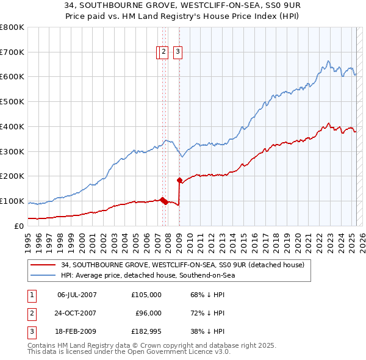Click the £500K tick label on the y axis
pos(12,101)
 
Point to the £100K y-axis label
pos(12,201)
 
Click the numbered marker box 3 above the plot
pos(178,52)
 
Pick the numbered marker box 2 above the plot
pos(164,52)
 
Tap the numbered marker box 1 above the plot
pos(159,52)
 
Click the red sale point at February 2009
pos(179,180)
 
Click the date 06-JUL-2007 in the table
pos(77,295)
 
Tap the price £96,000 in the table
pos(148,313)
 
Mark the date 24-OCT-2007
pos(77,313)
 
